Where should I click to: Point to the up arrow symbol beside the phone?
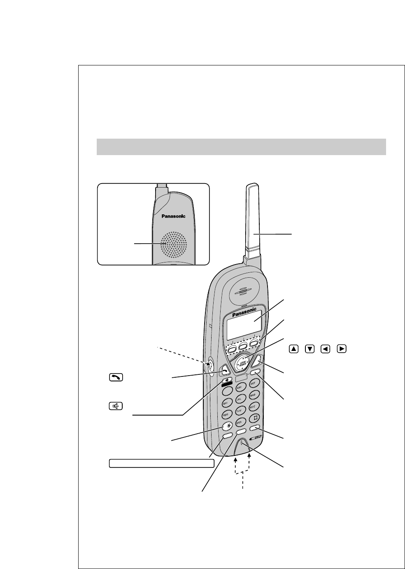(x=293, y=349)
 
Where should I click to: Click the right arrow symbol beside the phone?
(x=341, y=349)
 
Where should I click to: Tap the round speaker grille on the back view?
(x=173, y=244)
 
